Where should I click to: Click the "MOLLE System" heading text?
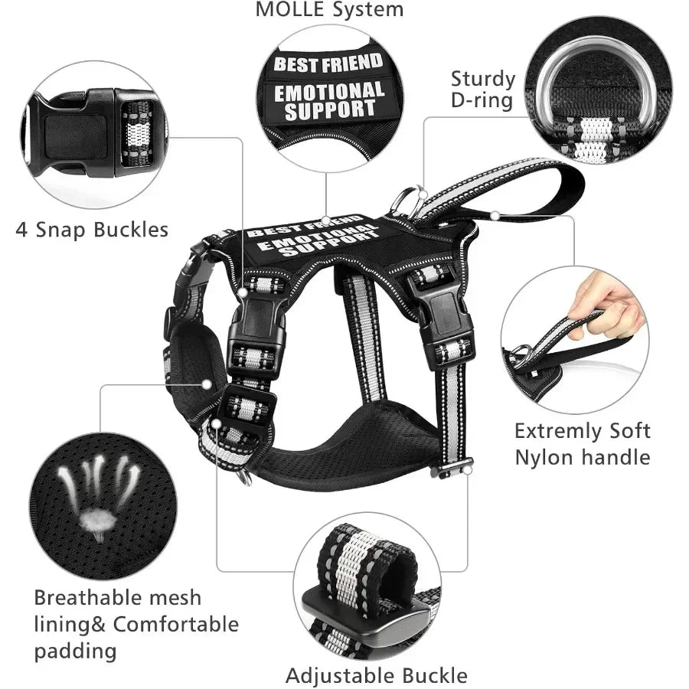coord(329,9)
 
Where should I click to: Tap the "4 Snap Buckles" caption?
coord(93,230)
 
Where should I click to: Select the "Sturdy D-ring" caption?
coord(482,90)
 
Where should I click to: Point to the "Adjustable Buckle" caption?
coord(377,676)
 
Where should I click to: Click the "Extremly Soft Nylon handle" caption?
coord(583,444)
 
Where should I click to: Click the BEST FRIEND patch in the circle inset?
coord(328,63)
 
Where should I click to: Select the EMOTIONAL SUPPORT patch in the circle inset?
coord(329,101)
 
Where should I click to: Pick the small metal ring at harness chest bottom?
coord(246,478)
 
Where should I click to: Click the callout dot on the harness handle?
coord(495,216)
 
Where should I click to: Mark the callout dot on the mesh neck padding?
coord(207,384)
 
